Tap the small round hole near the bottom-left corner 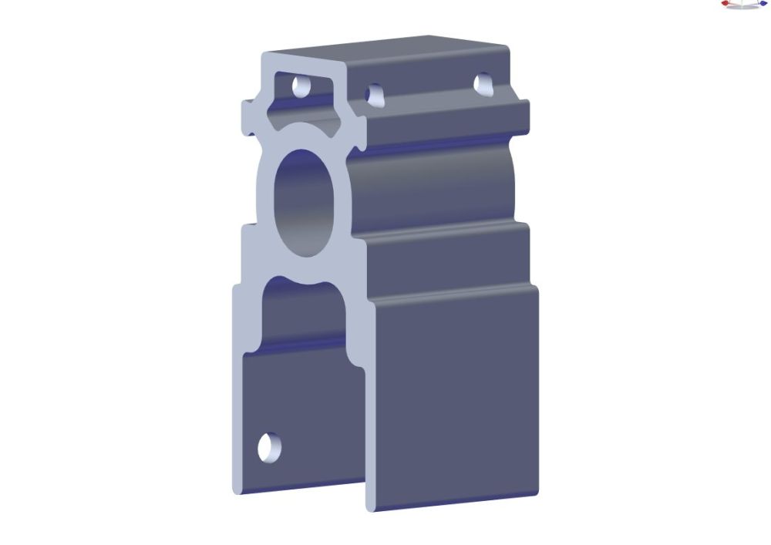tap(269, 447)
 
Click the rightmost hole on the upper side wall tap(483, 82)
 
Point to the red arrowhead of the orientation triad tap(725, 4)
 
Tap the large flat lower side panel tap(455, 393)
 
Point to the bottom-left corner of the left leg tap(235, 488)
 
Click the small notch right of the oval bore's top tap(359, 144)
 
